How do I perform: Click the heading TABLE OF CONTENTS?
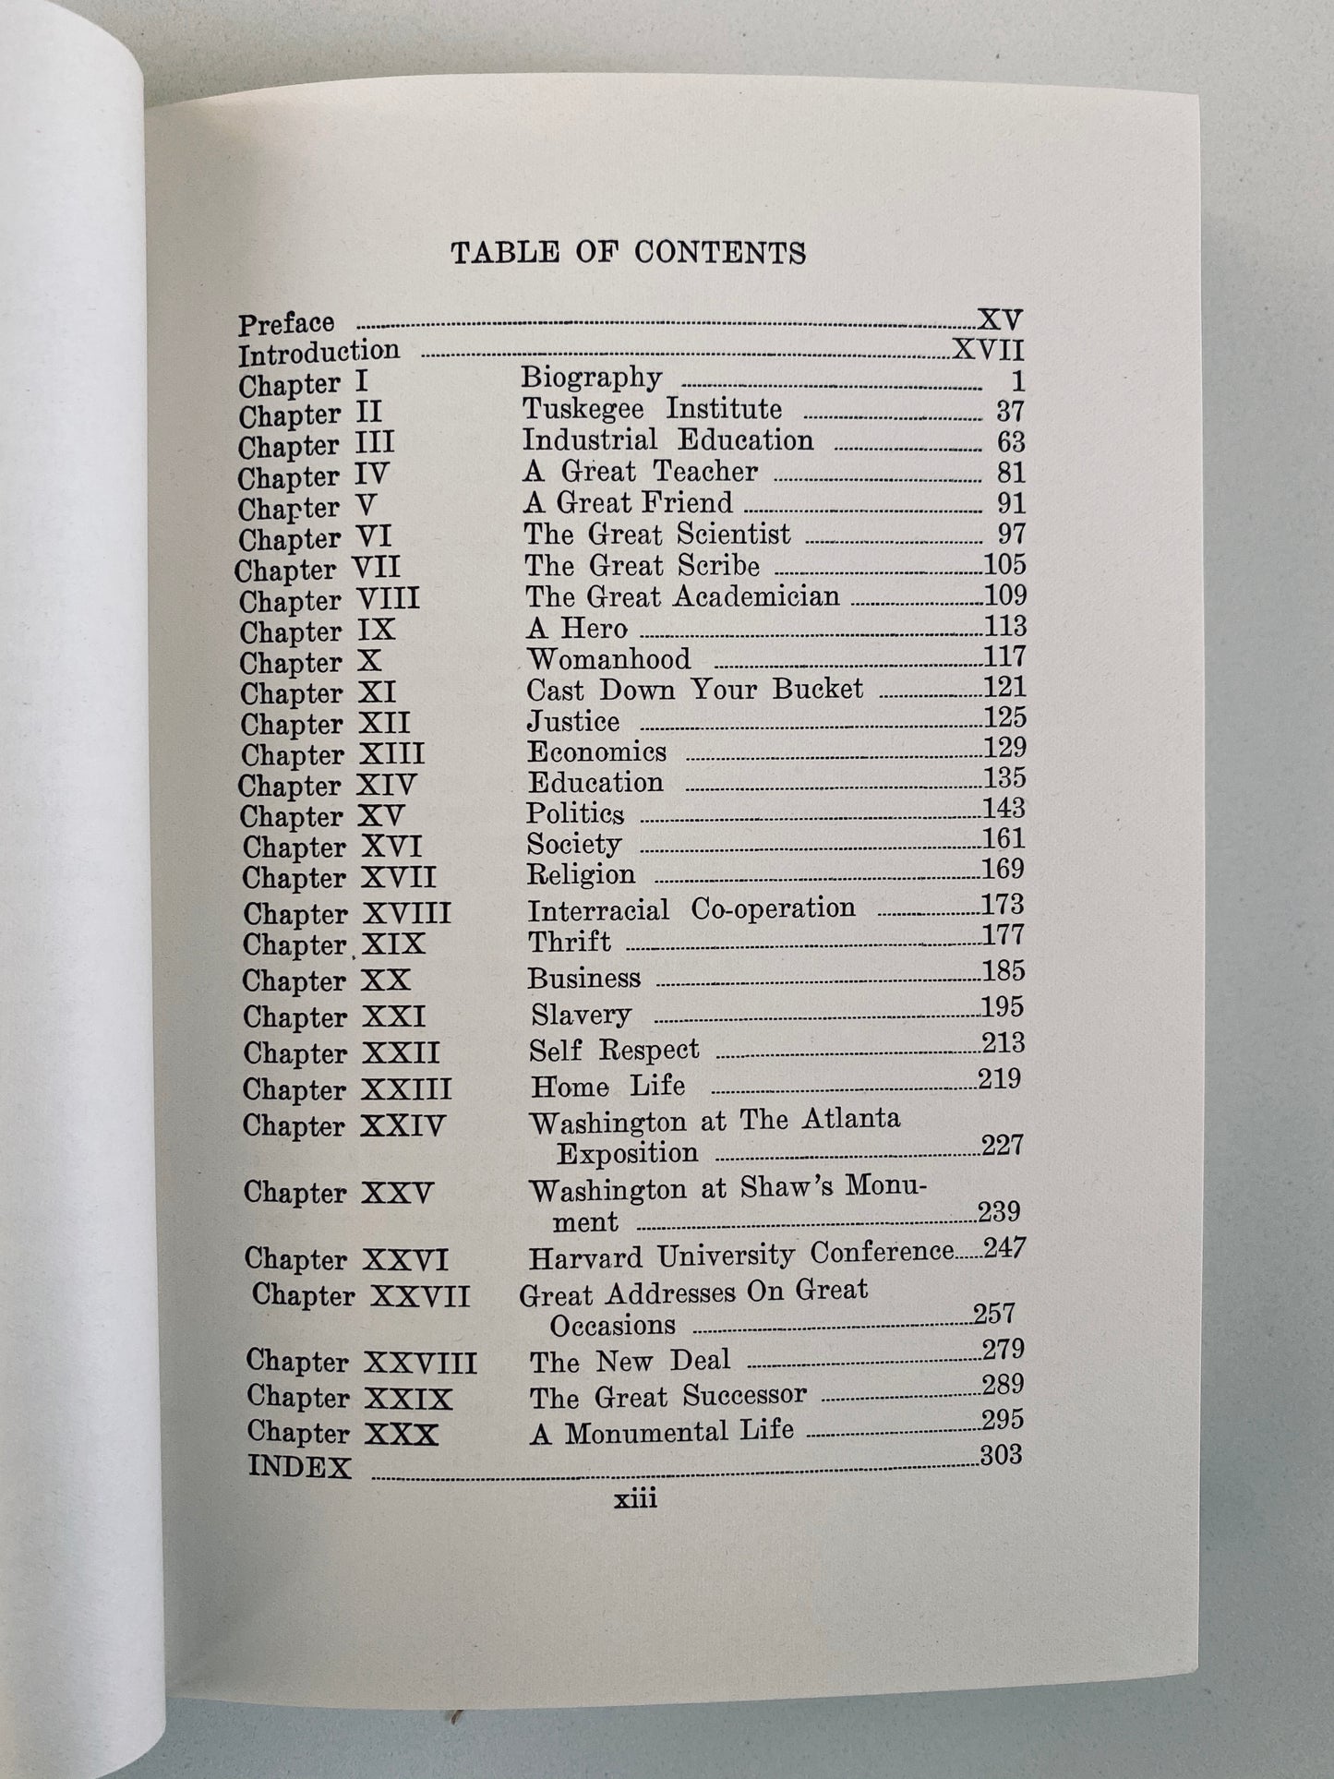pos(628,253)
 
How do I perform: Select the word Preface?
pos(286,324)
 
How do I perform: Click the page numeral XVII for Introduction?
pos(987,351)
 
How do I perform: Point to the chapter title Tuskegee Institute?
pos(652,409)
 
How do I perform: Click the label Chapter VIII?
pos(330,601)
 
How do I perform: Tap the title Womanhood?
pos(608,659)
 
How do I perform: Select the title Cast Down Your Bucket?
pos(694,690)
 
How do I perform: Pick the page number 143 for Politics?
pos(1004,809)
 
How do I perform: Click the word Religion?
pos(581,874)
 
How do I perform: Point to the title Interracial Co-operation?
pos(691,910)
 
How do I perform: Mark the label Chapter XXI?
pos(334,1017)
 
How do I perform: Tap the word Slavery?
pos(581,1016)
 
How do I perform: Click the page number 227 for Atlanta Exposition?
pos(1002,1146)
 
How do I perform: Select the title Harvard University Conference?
pos(740,1255)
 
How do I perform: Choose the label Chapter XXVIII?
pos(361,1362)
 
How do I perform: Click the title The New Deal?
pos(630,1361)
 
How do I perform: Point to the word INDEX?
pos(300,1467)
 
